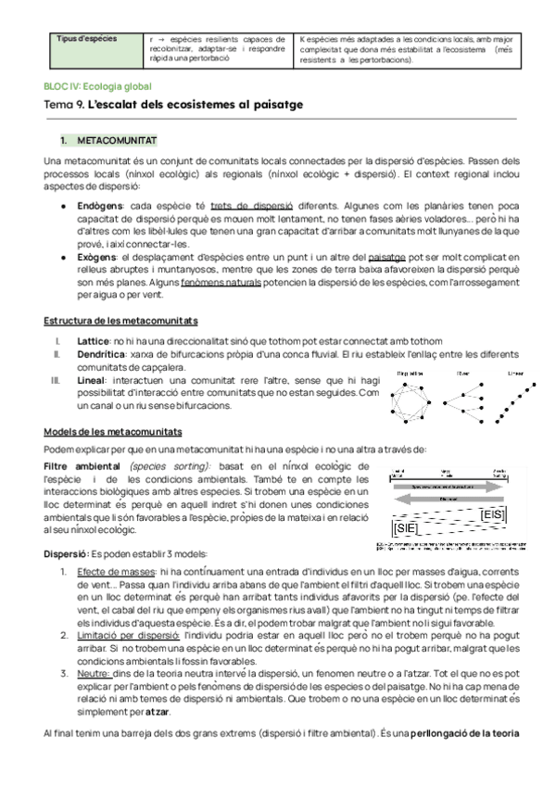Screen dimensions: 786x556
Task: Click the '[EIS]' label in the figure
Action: [493, 513]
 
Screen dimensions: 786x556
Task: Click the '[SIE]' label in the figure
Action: [405, 528]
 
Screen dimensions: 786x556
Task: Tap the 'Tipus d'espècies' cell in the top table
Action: [82, 39]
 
